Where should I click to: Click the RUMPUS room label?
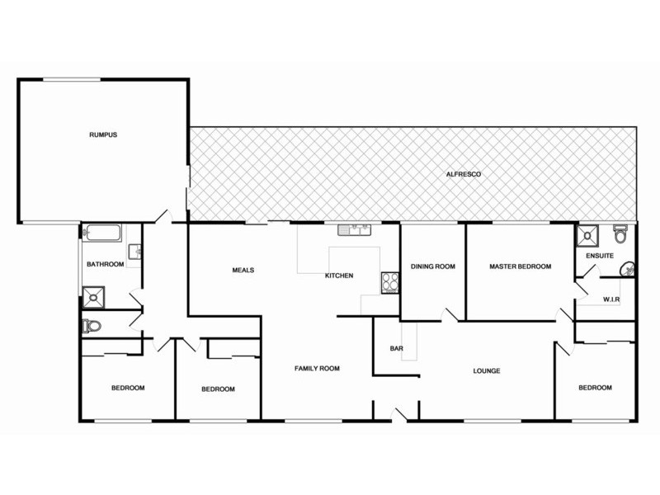point(104,134)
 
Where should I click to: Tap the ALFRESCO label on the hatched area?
point(463,174)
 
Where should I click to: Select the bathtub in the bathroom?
point(103,233)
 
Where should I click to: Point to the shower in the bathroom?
point(93,295)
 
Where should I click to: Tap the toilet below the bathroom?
point(92,326)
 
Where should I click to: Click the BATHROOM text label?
point(105,265)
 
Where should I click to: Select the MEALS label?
point(243,270)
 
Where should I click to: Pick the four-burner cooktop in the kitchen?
point(389,282)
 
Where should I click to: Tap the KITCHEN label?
point(339,276)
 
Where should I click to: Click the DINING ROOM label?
point(433,266)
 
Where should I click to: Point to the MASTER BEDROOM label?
point(520,266)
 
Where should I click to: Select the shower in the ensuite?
point(588,237)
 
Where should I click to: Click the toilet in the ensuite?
point(621,235)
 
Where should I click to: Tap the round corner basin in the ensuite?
point(629,267)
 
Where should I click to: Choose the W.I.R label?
point(611,299)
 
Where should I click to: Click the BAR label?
point(396,348)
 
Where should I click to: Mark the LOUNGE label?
point(487,371)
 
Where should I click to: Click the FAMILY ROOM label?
point(318,369)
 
